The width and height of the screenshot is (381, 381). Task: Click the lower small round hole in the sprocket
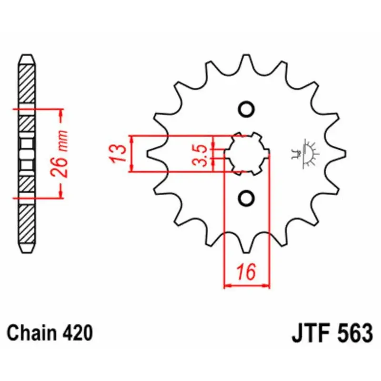246,198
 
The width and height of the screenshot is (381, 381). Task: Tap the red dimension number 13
118,153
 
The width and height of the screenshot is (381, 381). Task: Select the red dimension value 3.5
200,156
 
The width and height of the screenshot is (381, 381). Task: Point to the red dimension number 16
247,271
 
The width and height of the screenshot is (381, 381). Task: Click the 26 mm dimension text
59,153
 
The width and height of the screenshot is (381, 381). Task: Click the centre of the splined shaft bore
247,153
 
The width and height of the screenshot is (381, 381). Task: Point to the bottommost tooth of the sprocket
246,245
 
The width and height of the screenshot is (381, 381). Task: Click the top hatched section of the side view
27,84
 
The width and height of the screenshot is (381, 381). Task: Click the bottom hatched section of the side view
27,224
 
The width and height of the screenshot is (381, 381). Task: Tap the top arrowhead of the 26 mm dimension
61,115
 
